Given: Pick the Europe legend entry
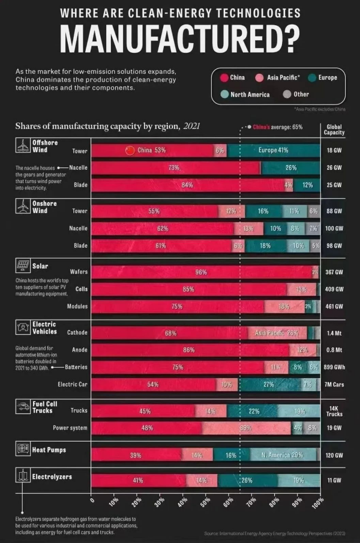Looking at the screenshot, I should tap(323, 78).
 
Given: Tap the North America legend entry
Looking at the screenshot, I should tap(245, 94).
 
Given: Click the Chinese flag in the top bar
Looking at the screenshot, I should tap(130, 150).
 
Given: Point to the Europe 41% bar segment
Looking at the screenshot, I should tap(274, 150).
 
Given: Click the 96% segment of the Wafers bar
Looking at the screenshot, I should tap(201, 272).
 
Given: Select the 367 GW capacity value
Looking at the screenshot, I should tap(334, 272).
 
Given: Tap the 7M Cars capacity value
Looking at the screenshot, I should tap(334, 384).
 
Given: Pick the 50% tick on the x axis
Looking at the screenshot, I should tap(206, 501).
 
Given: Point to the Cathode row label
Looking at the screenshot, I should tap(78, 332).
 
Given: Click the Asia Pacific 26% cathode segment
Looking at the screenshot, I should tap(277, 332).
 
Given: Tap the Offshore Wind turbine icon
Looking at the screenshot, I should tap(23, 146).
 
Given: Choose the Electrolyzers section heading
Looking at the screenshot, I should tap(52, 477).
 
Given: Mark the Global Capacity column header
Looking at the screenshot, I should tap(334, 130).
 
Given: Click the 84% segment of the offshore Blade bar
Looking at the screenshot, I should tap(187, 185).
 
